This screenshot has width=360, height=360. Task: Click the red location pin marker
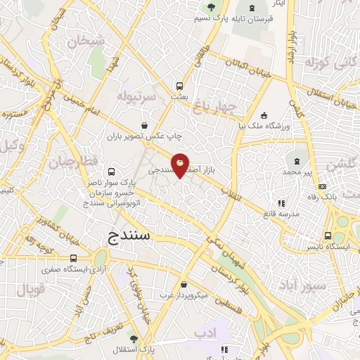pos(181,165)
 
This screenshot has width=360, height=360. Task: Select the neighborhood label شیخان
pos(86,41)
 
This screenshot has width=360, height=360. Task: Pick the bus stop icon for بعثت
pos(180,86)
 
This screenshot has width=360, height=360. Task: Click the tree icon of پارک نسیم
pos(209,7)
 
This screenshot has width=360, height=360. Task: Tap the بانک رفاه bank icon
pos(322,186)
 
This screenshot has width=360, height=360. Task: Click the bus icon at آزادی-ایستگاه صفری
pos(74,259)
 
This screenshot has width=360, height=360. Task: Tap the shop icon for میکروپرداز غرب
pos(184,285)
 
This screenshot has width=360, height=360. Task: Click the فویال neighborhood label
pos(29,289)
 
